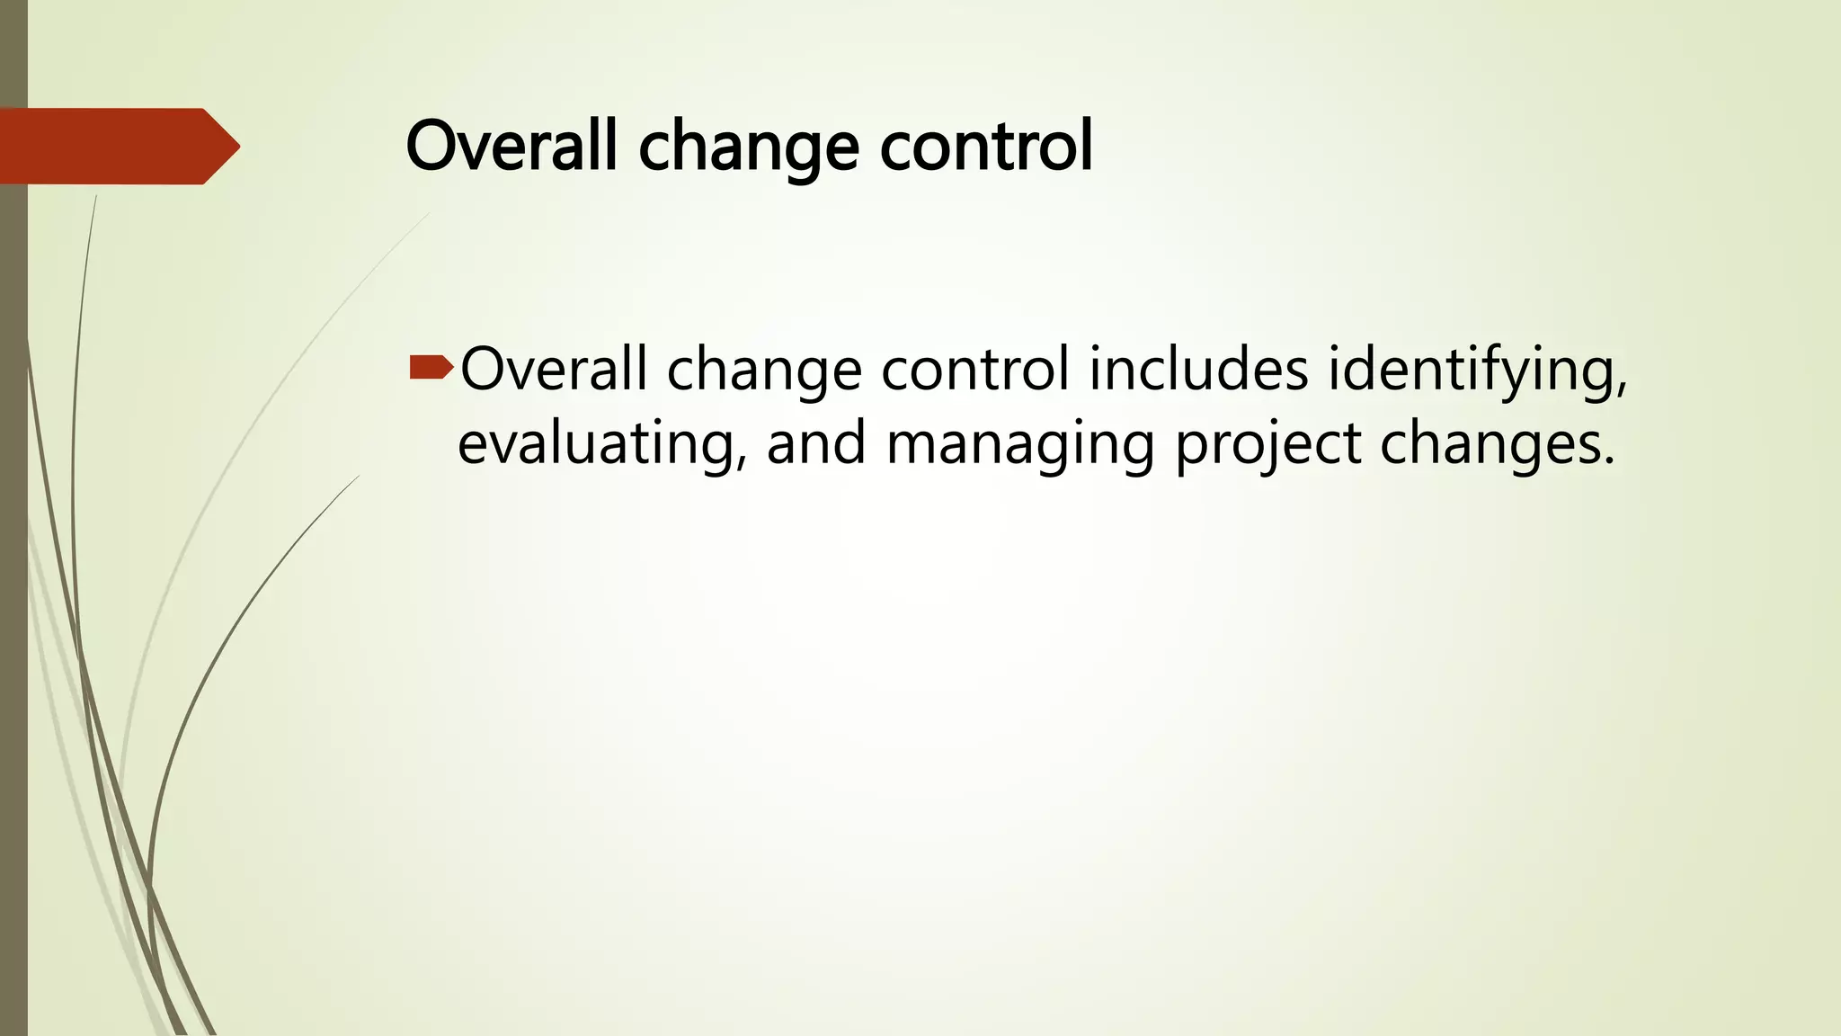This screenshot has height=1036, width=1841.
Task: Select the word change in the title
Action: click(x=749, y=148)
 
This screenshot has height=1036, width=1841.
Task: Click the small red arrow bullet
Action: click(x=431, y=366)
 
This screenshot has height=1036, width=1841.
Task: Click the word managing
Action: click(x=1019, y=447)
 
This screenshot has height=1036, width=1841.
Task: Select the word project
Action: click(x=1267, y=447)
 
